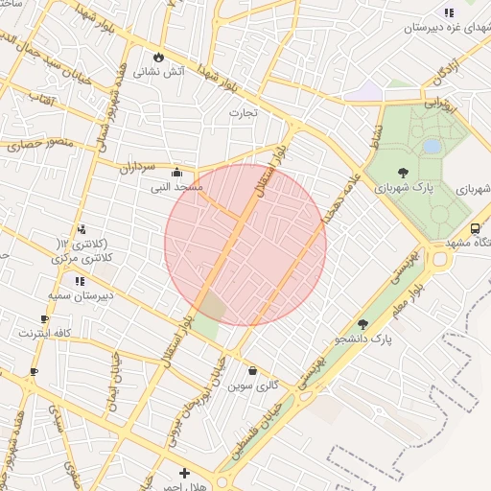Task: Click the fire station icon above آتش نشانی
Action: [x=158, y=57]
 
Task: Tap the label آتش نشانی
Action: [x=159, y=71]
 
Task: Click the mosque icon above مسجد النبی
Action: [x=175, y=173]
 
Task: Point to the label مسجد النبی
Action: [x=175, y=187]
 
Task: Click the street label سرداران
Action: [x=137, y=167]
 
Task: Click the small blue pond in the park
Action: [x=433, y=146]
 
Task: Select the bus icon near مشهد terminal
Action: [x=475, y=228]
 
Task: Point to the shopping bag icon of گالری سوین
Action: [x=252, y=370]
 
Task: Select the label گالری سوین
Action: [x=253, y=385]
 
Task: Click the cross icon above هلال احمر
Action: [x=184, y=473]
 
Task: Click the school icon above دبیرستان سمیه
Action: [x=80, y=281]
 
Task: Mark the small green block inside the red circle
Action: [x=212, y=306]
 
